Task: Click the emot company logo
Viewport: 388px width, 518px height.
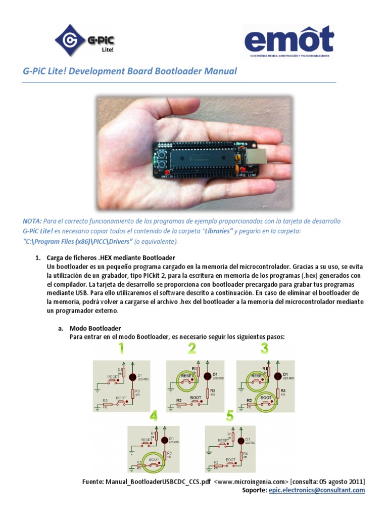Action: [288, 40]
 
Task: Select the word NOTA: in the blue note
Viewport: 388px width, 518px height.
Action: [32, 221]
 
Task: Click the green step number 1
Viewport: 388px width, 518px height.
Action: [121, 349]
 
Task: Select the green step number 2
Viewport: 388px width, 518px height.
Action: [192, 349]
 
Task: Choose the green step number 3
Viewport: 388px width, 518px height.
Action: [264, 349]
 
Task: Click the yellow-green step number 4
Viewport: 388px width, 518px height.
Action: [154, 416]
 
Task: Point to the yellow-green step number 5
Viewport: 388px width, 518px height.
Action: [230, 416]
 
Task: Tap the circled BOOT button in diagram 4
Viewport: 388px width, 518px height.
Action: [154, 461]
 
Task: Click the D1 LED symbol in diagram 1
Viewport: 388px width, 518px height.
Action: [133, 377]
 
